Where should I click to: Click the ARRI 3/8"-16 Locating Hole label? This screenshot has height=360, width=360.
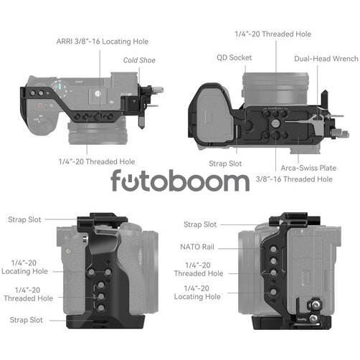tap(103, 42)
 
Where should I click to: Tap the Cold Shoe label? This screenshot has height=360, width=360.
tap(139, 60)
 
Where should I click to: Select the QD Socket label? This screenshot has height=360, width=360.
tap(234, 57)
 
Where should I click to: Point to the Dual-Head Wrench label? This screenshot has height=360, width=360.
tap(326, 59)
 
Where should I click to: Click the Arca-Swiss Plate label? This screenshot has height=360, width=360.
tap(308, 168)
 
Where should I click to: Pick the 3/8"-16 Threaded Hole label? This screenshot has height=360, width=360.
tap(294, 179)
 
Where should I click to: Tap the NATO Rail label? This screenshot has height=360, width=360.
tap(197, 247)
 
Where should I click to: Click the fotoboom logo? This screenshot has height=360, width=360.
tap(180, 180)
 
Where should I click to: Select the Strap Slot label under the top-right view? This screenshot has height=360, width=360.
tap(225, 164)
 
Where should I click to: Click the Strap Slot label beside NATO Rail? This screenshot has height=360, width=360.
tap(200, 224)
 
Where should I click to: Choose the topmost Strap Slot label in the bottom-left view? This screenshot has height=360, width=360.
tap(24, 219)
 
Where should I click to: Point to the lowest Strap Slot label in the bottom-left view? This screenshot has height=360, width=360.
tap(27, 320)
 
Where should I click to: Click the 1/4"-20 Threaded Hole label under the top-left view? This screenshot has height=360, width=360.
tap(97, 161)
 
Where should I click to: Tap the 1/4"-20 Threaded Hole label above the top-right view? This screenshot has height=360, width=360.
tap(273, 34)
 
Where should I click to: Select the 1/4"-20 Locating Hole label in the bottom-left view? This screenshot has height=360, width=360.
tap(24, 267)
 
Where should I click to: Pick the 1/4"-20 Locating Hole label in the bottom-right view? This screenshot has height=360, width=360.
tap(197, 293)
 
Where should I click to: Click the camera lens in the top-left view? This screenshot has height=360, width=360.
tap(98, 133)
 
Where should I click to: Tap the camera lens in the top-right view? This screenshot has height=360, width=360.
tap(275, 89)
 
